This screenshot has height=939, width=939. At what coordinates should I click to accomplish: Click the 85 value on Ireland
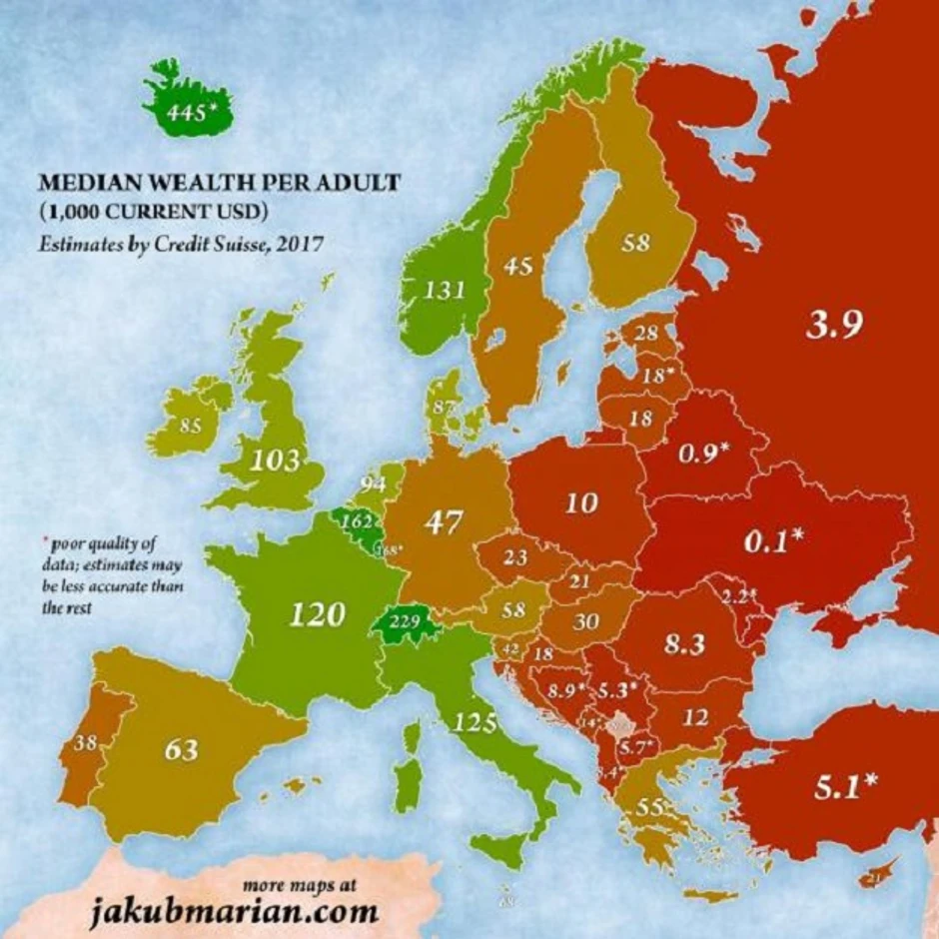(x=190, y=425)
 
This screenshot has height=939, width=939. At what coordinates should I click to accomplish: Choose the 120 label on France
(x=317, y=612)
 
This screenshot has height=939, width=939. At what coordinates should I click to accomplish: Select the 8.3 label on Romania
(x=683, y=644)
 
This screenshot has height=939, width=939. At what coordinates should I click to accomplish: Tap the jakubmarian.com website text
(x=235, y=912)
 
